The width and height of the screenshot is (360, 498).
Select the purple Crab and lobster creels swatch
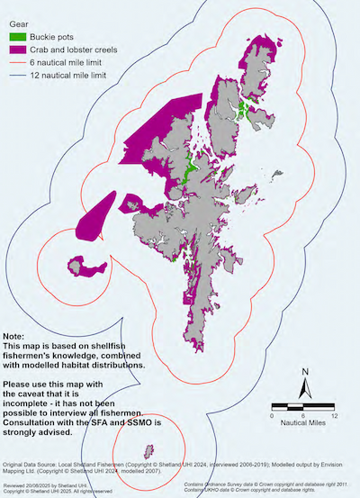click(x=18, y=50)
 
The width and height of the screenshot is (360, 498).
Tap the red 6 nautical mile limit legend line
click(x=18, y=63)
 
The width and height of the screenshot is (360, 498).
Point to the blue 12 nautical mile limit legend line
click(x=18, y=77)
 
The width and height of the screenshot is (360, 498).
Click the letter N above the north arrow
click(x=305, y=372)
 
